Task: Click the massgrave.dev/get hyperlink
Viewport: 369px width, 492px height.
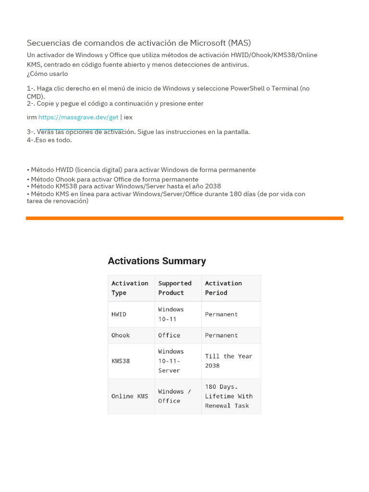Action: click(78, 117)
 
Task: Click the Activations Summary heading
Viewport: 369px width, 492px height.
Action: click(157, 261)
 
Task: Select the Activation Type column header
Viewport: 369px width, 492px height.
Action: click(130, 288)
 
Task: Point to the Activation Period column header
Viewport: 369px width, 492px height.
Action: click(223, 288)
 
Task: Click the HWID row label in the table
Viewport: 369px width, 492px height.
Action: click(119, 314)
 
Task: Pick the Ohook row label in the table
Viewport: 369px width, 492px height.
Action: click(121, 335)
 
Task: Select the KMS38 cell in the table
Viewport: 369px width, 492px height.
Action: click(121, 361)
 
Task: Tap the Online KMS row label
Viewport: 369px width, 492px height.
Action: click(130, 396)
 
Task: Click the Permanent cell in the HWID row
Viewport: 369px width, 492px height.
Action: click(221, 314)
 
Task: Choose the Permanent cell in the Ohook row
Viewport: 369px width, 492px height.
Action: click(221, 335)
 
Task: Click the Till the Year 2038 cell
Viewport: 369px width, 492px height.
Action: click(229, 361)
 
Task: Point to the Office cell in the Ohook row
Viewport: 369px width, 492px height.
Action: click(169, 335)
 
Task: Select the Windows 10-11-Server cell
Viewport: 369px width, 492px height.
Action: click(171, 361)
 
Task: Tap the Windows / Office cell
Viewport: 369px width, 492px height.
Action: click(174, 396)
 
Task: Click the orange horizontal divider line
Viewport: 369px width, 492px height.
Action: click(184, 218)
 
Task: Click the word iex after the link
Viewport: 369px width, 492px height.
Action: click(128, 117)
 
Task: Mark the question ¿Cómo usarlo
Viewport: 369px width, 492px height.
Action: click(47, 74)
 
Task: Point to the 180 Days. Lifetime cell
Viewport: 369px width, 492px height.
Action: click(229, 396)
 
